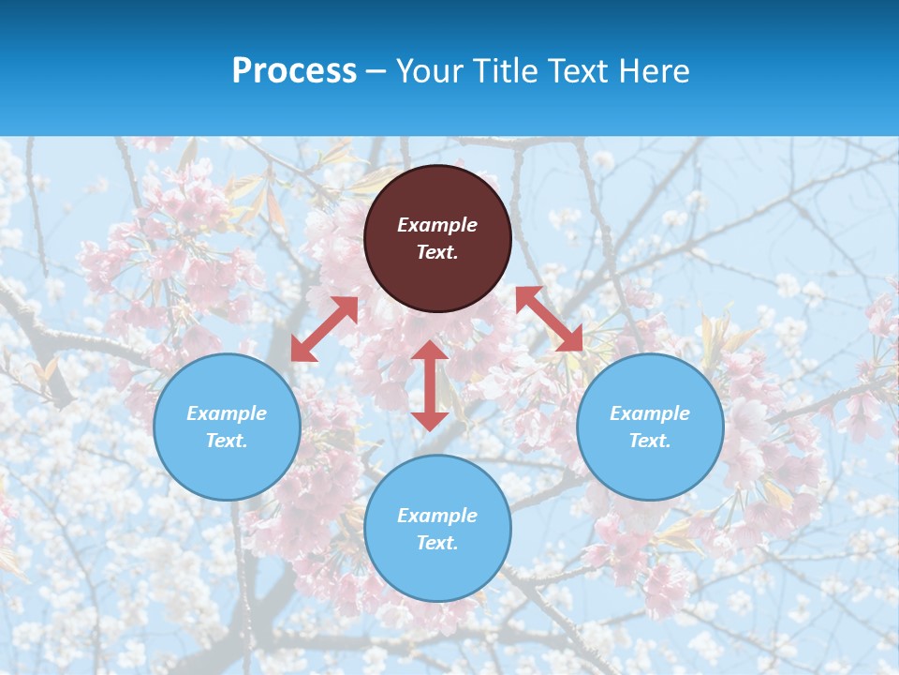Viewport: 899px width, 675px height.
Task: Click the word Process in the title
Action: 294,71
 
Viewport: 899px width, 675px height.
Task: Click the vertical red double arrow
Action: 430,385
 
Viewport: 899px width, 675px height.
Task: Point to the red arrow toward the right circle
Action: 549,319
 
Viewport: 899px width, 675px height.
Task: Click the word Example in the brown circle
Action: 437,225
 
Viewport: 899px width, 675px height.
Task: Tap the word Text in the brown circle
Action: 437,252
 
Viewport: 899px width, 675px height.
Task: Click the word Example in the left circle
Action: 227,413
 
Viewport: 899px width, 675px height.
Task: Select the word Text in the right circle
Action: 650,441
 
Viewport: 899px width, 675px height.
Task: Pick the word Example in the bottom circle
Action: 437,516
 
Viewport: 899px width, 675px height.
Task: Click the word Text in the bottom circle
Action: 437,543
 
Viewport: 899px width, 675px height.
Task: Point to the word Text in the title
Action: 579,71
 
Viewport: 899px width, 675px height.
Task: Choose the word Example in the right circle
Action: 650,413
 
